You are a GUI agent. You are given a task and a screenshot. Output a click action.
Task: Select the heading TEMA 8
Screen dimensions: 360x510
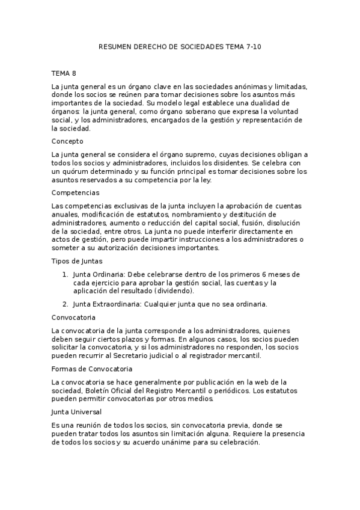pyautogui.click(x=64, y=73)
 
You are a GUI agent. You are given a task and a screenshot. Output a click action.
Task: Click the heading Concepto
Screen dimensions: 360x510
pyautogui.click(x=67, y=141)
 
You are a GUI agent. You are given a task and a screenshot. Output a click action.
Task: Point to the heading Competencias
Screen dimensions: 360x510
pyautogui.click(x=76, y=192)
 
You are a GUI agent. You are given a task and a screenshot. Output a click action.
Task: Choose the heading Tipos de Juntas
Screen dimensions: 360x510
pyautogui.click(x=77, y=261)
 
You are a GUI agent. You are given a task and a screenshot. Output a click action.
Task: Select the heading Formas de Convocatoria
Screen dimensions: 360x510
pyautogui.click(x=92, y=368)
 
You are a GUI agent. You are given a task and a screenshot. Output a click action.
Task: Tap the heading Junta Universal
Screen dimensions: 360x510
pyautogui.click(x=77, y=411)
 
